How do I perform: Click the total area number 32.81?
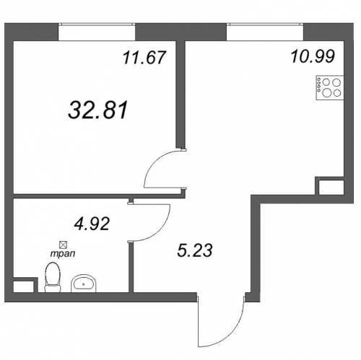tap(97, 110)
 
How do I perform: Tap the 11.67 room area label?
tap(144, 58)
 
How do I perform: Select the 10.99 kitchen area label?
tap(313, 56)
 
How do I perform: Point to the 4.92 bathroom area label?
tap(92, 224)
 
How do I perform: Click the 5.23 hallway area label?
tap(195, 250)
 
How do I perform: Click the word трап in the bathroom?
tap(63, 253)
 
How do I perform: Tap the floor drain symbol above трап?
tap(64, 245)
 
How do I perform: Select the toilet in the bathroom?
tap(53, 277)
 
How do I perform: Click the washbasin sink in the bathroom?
tap(84, 284)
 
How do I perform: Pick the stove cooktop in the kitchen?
tap(330, 87)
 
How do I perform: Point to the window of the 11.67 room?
tap(97, 32)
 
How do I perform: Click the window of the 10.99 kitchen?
tap(265, 32)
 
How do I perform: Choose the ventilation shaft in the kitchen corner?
tap(329, 186)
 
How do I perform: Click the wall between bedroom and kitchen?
tap(180, 94)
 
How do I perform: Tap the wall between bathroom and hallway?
tap(131, 268)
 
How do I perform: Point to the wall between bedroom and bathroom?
tap(96, 196)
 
